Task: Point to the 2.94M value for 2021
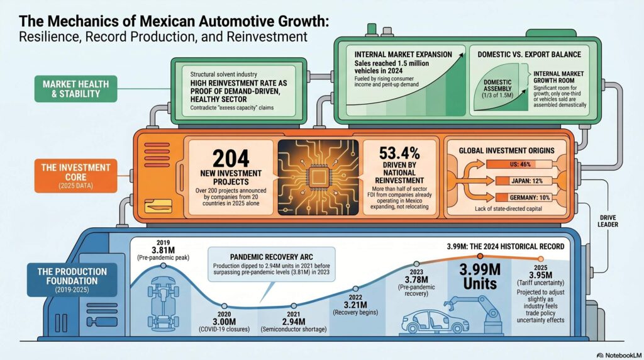pyautogui.click(x=292, y=322)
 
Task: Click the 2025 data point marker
pyautogui.click(x=540, y=259)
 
